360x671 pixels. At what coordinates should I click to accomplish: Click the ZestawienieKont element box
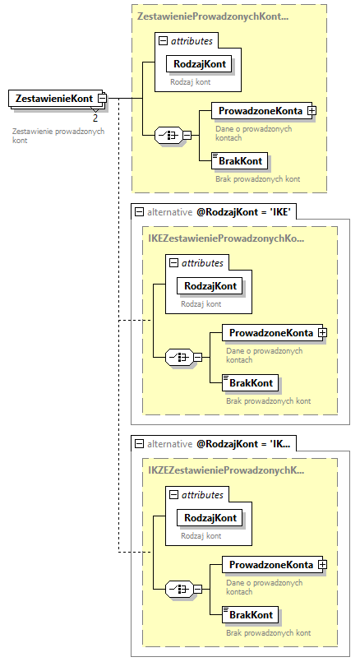(53, 99)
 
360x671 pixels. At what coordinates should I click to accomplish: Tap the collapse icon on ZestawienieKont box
(102, 99)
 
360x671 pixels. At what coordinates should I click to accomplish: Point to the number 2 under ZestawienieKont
(95, 118)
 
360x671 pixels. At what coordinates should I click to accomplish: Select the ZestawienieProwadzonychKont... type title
(213, 16)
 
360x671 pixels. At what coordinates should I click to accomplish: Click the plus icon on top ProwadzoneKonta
(312, 110)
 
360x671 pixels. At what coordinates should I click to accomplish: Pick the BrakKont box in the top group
(240, 161)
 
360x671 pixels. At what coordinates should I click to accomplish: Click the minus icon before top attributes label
(164, 40)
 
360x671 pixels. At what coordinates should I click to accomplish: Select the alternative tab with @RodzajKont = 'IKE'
(215, 211)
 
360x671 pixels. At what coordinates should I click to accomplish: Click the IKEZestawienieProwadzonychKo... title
(226, 238)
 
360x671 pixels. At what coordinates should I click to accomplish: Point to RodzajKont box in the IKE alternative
(211, 285)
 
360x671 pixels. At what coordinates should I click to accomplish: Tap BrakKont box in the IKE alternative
(252, 383)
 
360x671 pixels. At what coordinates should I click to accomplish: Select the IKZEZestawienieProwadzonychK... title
(226, 470)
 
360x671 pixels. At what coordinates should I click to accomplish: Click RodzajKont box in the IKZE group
(211, 517)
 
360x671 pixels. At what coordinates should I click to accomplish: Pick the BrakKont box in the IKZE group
(252, 615)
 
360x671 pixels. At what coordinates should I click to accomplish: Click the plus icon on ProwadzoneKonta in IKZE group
(323, 565)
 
